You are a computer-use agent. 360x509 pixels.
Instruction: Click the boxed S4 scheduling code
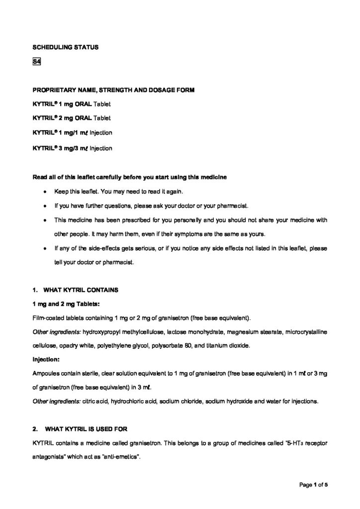tap(36, 62)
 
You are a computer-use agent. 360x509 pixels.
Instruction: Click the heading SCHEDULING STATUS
tap(65, 48)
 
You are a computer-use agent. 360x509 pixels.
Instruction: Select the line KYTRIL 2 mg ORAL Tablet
tap(72, 119)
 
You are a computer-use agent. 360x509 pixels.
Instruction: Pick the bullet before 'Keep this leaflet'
tap(46, 191)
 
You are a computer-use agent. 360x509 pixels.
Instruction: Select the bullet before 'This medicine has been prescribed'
tap(46, 220)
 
